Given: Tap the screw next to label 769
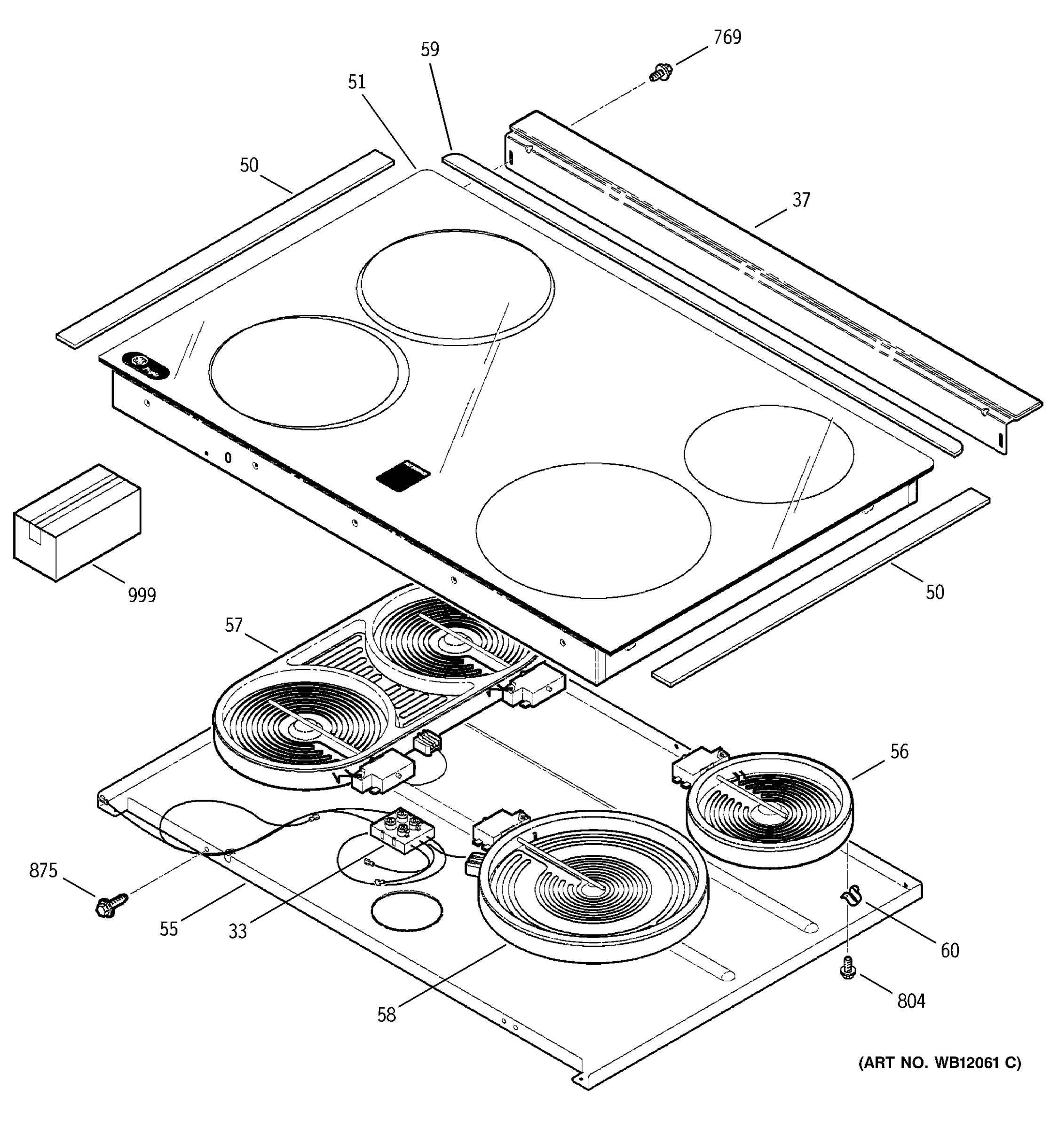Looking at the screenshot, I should pyautogui.click(x=660, y=72).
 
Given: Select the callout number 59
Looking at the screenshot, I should pyautogui.click(x=430, y=50).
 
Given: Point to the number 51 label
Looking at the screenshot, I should pyautogui.click(x=356, y=83).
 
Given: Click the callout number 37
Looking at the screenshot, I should pyautogui.click(x=801, y=200).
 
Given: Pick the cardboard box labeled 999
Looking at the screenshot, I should pyautogui.click(x=77, y=522).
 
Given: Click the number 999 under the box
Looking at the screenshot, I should pyautogui.click(x=142, y=595).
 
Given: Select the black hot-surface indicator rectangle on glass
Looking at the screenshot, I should pyautogui.click(x=403, y=474).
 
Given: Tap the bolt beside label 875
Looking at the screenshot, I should pyautogui.click(x=111, y=904).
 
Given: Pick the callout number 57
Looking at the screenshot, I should pyautogui.click(x=234, y=625).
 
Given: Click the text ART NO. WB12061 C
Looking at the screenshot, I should pyautogui.click(x=940, y=1062).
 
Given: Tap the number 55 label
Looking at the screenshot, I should pyautogui.click(x=169, y=929).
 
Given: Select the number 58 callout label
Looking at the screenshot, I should pyautogui.click(x=386, y=1015).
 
